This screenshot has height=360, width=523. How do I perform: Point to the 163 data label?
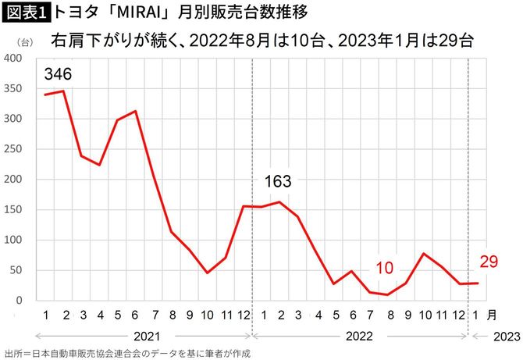click(x=277, y=181)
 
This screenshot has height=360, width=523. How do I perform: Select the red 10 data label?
click(x=385, y=269)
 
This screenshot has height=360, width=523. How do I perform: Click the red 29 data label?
click(x=489, y=261)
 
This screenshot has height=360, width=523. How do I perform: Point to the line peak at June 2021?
click(x=136, y=111)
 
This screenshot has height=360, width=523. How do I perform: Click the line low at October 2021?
click(x=208, y=273)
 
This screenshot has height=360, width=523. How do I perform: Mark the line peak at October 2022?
click(x=423, y=254)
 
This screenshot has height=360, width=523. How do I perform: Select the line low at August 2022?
click(x=387, y=295)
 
